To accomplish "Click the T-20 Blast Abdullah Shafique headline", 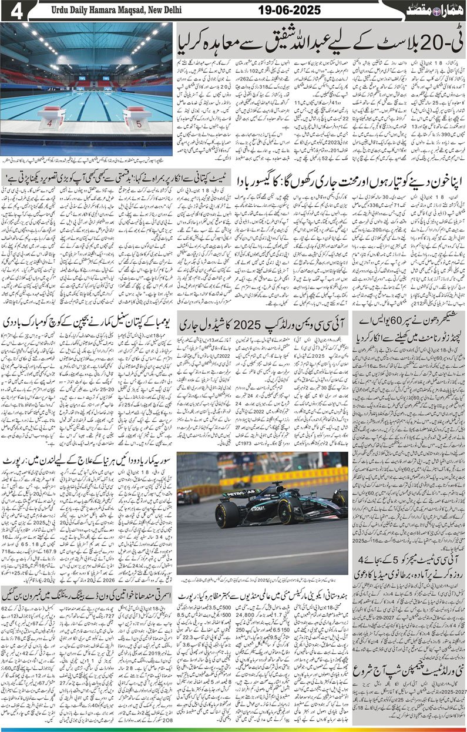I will pyautogui.click(x=322, y=41).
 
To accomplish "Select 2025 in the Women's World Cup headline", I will pyautogui.click(x=246, y=324).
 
